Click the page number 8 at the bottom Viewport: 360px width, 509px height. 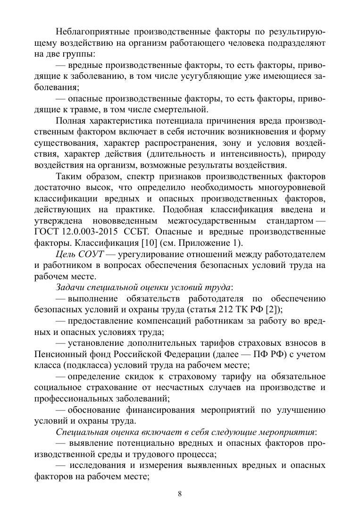point(180,494)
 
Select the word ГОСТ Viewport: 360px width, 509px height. point(47,232)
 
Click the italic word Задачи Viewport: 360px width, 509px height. point(70,287)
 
